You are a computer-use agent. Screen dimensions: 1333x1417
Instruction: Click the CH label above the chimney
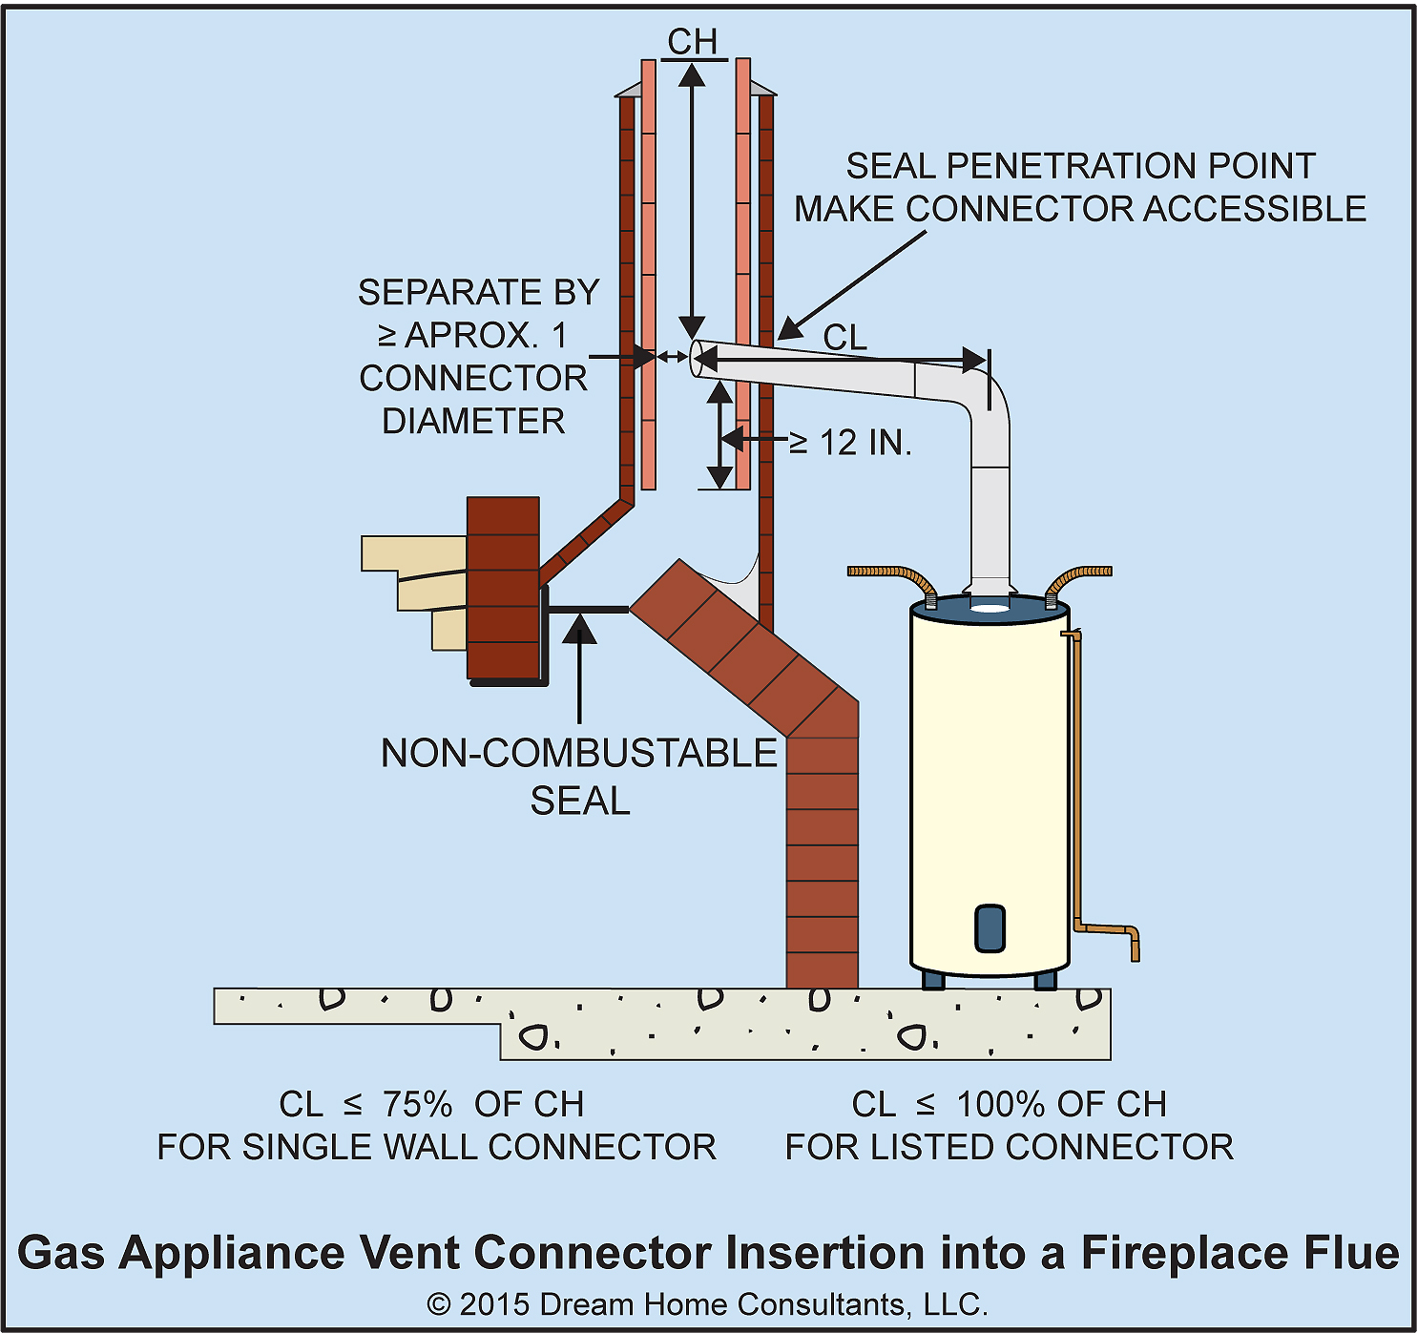pos(692,42)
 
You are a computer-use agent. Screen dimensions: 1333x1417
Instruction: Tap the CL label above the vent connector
pos(844,337)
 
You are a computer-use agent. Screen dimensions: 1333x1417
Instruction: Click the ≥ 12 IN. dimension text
pos(851,443)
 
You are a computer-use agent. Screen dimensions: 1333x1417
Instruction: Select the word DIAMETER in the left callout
pos(473,421)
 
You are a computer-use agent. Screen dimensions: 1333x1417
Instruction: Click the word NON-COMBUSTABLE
pos(578,753)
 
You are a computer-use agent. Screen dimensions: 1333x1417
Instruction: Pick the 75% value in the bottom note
pos(417,1104)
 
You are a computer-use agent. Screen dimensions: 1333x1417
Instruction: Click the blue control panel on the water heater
pos(990,927)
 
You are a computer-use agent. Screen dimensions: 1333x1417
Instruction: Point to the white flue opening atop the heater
pos(990,606)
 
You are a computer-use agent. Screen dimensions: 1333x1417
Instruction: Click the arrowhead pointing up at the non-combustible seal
pos(579,631)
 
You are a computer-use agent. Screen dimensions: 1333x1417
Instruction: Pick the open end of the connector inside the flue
pos(697,358)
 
